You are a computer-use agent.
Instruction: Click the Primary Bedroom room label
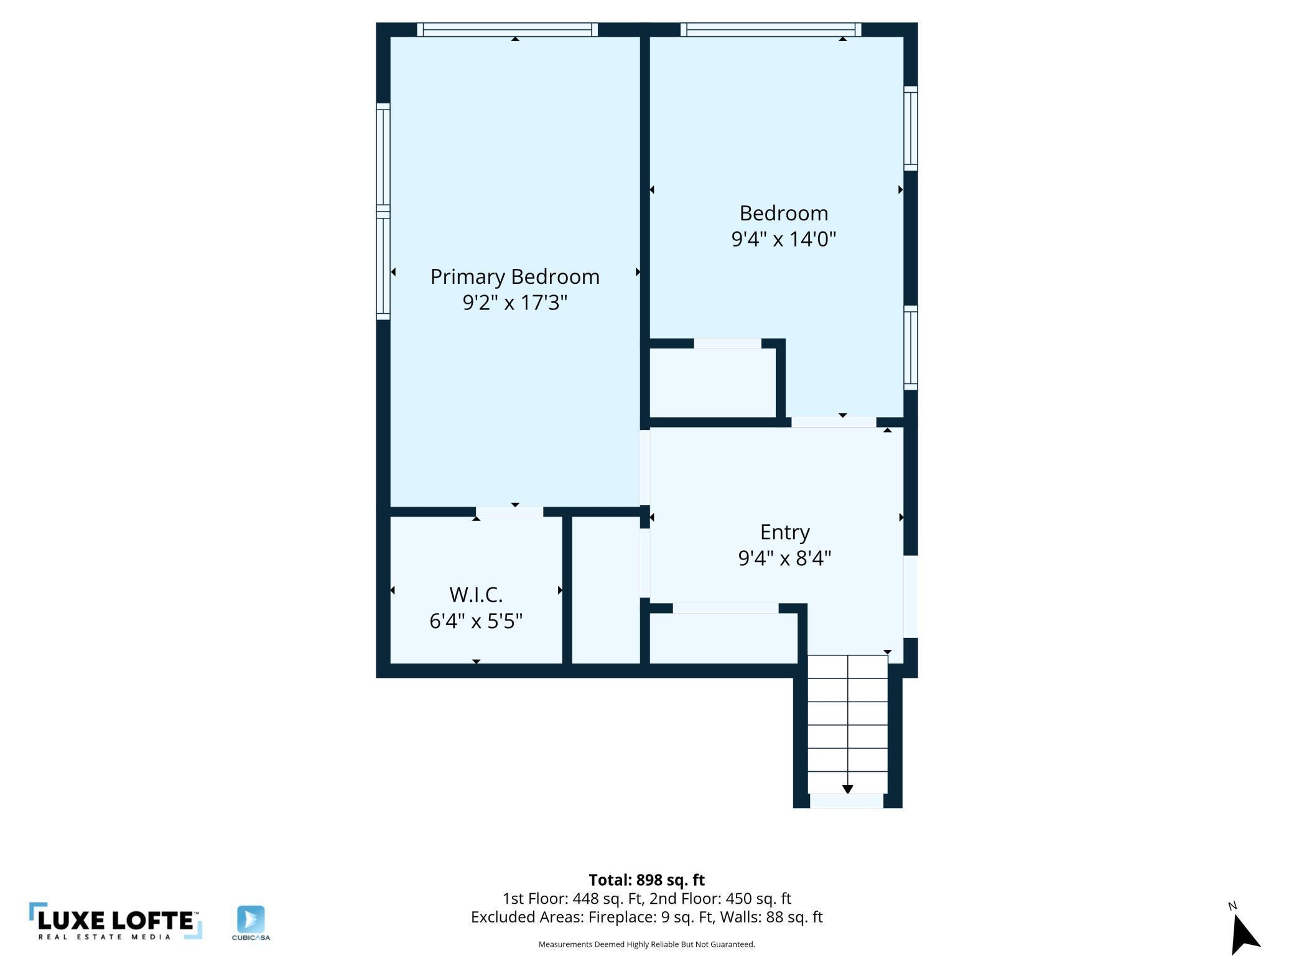(x=515, y=277)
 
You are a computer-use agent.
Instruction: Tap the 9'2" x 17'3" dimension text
(x=515, y=303)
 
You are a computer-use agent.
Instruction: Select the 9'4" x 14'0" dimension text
(x=784, y=239)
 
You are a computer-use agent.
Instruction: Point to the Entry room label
(x=784, y=532)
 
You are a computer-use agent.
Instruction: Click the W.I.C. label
(x=476, y=595)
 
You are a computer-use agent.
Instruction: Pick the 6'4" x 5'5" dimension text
(x=476, y=621)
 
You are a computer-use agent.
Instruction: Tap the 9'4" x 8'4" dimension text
(x=784, y=558)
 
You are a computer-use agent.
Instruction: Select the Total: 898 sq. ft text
(x=646, y=880)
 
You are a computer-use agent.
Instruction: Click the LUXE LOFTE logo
(x=116, y=921)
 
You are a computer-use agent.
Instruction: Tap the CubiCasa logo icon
(x=251, y=919)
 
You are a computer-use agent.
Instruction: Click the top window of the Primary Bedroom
(x=507, y=29)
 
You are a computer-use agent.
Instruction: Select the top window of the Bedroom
(x=771, y=29)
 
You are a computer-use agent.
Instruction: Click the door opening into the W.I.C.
(x=510, y=512)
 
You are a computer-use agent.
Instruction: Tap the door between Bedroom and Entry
(x=834, y=422)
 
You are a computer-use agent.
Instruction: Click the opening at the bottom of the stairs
(x=847, y=801)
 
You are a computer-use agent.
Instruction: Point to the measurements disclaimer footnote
(x=646, y=944)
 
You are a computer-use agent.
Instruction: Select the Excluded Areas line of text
(x=646, y=917)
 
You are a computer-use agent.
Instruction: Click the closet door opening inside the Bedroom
(x=727, y=344)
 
